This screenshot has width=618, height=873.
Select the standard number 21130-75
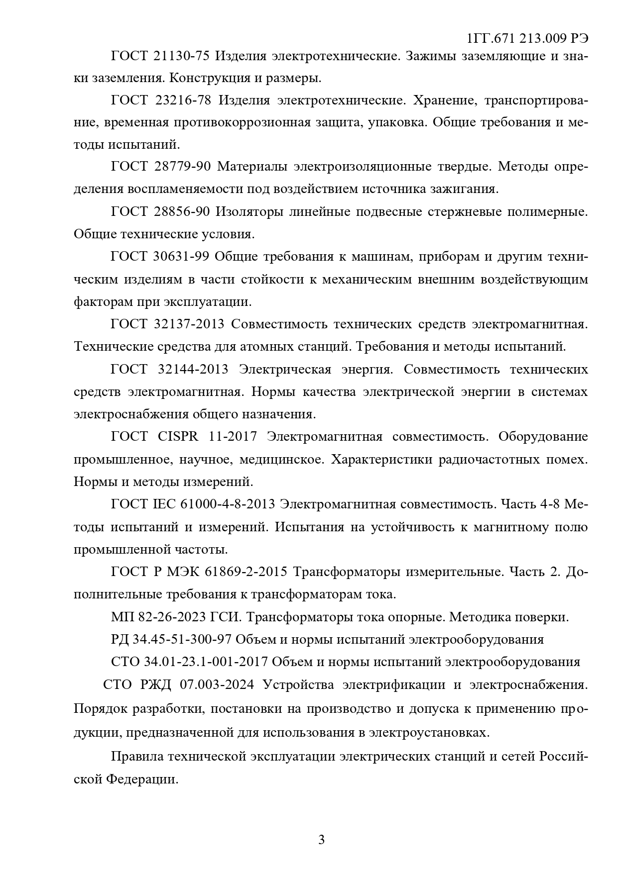(x=181, y=56)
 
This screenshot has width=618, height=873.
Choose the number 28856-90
(x=181, y=212)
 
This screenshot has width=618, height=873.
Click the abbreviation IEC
(x=164, y=504)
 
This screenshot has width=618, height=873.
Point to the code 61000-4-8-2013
(x=228, y=504)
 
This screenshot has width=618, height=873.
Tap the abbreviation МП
(x=120, y=617)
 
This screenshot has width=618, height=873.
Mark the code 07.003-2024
(x=217, y=684)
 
